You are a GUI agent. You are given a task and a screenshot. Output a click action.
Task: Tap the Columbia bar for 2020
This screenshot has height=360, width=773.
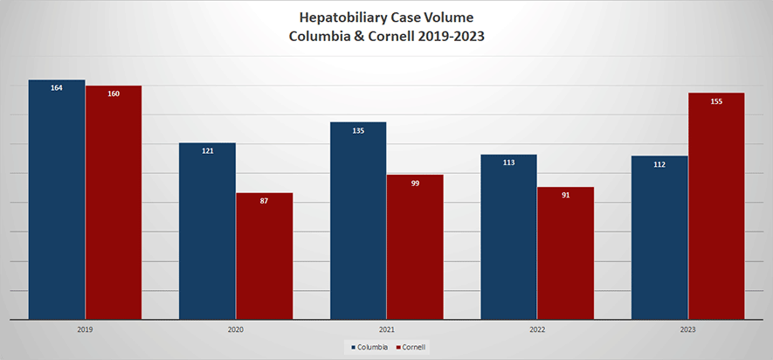[207, 231]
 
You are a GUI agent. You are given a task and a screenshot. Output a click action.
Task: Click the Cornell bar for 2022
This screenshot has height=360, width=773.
[566, 253]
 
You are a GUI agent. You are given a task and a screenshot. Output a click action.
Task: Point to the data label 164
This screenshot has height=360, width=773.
[57, 88]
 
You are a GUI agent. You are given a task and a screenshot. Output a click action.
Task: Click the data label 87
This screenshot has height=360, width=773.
[264, 202]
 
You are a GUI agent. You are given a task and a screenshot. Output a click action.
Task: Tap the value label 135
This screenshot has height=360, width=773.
[358, 131]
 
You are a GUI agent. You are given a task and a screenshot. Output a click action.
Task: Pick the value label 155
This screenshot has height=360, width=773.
[716, 102]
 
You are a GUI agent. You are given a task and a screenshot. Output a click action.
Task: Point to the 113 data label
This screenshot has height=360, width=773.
[509, 163]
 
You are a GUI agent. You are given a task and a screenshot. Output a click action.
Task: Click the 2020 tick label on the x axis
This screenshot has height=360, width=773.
[236, 329]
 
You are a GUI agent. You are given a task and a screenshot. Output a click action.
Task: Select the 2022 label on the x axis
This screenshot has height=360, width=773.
[537, 329]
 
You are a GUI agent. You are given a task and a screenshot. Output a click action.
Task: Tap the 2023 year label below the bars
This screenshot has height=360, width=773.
[688, 329]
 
